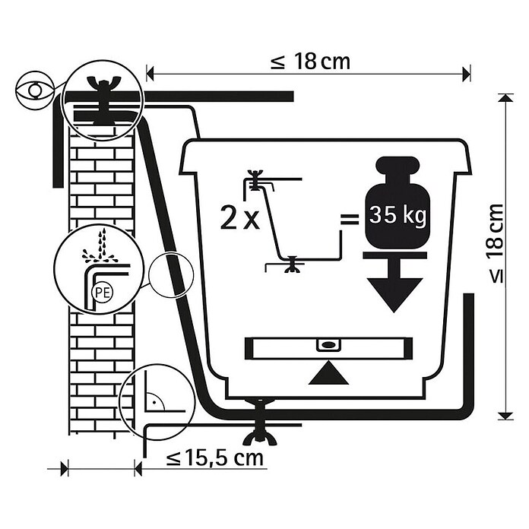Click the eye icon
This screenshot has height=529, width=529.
pos(35,90)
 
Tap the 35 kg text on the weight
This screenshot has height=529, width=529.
pos(397,214)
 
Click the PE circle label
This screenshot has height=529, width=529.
pos(102,292)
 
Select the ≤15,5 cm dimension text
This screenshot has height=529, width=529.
pos(215,458)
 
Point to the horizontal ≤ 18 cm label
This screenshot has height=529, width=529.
pos(310,62)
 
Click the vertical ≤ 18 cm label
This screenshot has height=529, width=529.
pos(496,243)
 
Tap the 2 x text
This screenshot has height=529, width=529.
pos(240,218)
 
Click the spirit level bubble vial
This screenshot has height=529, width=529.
pos(328,344)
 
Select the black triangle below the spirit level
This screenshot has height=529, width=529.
pos(328,372)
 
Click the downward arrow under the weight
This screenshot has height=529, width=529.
pos(394,283)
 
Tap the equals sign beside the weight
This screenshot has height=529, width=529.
pos(349,219)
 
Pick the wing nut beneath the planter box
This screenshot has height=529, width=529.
pos(259,422)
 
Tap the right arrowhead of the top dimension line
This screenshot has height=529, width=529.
pos(467,74)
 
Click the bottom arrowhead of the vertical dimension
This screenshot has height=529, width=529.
pos(505,415)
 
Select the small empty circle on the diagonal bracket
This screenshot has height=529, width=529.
pos(171,274)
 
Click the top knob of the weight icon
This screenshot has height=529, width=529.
pos(397,165)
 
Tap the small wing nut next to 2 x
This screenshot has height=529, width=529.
pos(255,180)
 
